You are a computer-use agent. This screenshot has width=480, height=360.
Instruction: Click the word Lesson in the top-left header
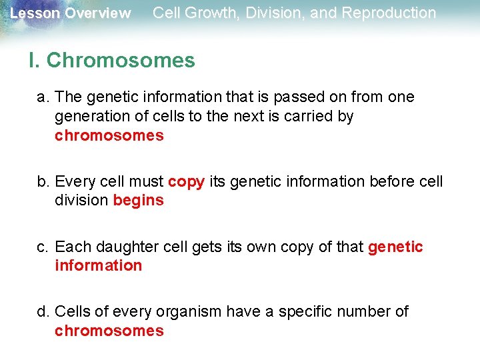coord(31,13)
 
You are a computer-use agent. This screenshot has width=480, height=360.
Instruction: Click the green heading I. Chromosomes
coord(112,61)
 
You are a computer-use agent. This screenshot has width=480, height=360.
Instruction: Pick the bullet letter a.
coord(43,97)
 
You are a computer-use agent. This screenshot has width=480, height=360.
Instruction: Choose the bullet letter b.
coord(43,182)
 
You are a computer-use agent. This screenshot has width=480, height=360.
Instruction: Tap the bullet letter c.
coord(43,247)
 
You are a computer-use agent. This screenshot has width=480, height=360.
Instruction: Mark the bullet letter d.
coord(43,312)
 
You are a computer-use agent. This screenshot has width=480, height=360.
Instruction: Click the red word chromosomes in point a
coord(109,136)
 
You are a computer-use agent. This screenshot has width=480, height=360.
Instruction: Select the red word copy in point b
coord(186,182)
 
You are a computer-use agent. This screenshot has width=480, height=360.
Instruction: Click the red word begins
coord(138,201)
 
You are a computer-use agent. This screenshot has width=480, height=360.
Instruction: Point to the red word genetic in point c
coord(395,247)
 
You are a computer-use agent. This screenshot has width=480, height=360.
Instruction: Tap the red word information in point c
coord(98,266)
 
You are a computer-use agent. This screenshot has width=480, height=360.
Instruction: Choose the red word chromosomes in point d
coord(109,331)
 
